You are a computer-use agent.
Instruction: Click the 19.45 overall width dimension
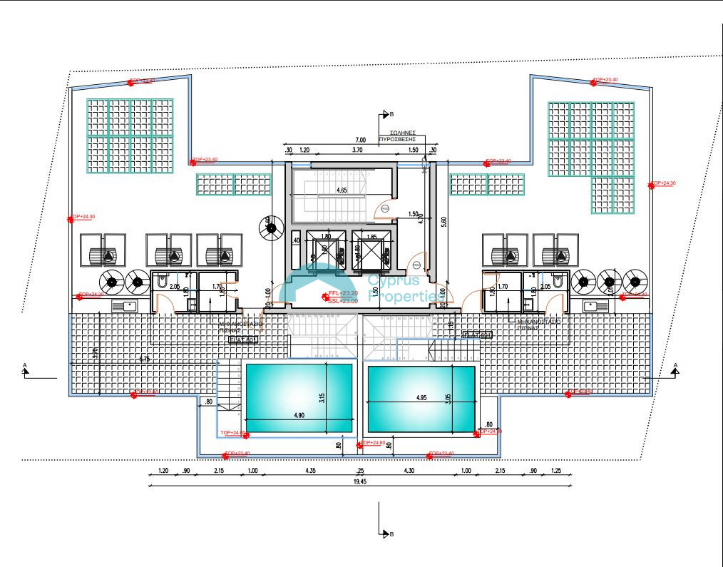click(x=360, y=482)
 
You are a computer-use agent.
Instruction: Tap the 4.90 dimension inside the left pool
click(x=298, y=416)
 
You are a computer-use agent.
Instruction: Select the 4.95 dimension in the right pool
click(x=421, y=399)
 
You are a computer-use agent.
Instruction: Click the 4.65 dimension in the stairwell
click(x=342, y=190)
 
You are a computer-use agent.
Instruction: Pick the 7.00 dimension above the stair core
click(x=360, y=140)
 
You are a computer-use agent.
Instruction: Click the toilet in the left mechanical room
click(x=162, y=284)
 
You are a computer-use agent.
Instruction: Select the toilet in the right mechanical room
click(x=562, y=284)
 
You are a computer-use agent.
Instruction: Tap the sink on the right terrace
click(x=596, y=306)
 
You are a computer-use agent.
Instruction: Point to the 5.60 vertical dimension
click(x=443, y=223)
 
